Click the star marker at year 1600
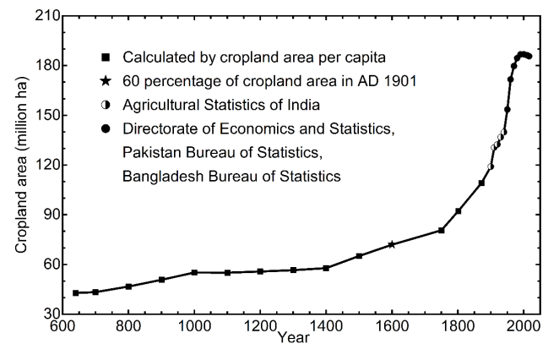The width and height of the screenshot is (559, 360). point(392,244)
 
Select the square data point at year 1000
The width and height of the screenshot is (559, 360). point(194,272)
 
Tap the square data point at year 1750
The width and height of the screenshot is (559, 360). point(441,230)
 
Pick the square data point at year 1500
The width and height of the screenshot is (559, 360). point(359,255)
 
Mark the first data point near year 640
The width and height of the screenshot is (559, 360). point(76,292)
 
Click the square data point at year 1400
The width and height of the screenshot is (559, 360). point(326,268)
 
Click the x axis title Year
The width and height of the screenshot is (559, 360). point(293,339)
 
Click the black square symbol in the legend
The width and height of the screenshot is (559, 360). point(106,58)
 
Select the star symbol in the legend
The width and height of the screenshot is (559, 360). point(106,82)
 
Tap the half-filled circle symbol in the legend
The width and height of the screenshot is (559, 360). point(106,106)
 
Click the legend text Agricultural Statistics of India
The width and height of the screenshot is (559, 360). point(222,106)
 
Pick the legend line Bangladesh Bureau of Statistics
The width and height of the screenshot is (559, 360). point(231,177)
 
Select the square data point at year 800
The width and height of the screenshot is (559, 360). point(128,286)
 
